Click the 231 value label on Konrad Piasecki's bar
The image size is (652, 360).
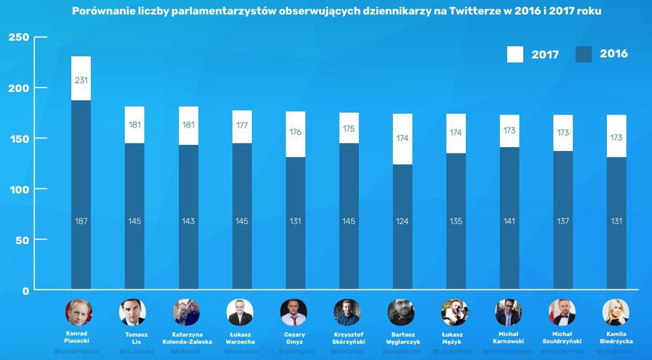81,80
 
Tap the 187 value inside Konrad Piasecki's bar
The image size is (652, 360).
81,221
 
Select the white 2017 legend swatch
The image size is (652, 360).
515,54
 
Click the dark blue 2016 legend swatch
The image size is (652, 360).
583,54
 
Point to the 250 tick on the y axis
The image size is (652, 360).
18,37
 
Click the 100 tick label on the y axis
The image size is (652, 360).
18,189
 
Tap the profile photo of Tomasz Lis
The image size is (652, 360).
133,312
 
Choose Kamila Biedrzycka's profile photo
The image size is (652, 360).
616,312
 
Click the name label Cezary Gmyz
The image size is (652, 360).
295,338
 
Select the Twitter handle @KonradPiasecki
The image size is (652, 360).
76,352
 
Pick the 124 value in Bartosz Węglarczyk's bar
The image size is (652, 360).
402,221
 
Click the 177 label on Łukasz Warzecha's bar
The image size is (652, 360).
242,125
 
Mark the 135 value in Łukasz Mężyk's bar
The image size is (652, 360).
456,221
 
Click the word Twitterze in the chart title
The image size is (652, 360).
473,11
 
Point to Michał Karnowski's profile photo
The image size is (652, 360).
508,312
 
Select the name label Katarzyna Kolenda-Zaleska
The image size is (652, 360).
187,338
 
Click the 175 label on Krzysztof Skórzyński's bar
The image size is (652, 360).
349,128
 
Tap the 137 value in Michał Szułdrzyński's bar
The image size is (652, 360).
563,221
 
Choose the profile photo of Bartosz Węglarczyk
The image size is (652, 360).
401,312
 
